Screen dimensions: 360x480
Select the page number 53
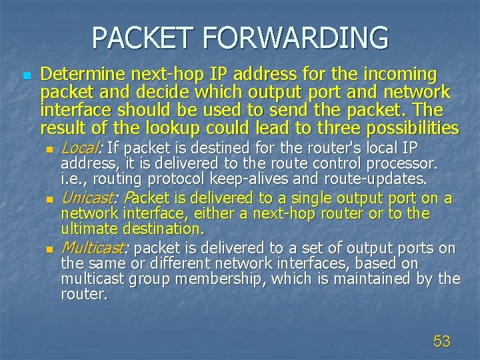(x=442, y=342)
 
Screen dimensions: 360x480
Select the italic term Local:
(x=81, y=148)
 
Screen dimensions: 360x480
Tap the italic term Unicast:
(x=89, y=198)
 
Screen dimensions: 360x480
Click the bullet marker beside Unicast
(x=50, y=199)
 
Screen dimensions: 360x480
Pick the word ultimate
(x=90, y=229)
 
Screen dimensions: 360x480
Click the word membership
(x=243, y=279)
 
